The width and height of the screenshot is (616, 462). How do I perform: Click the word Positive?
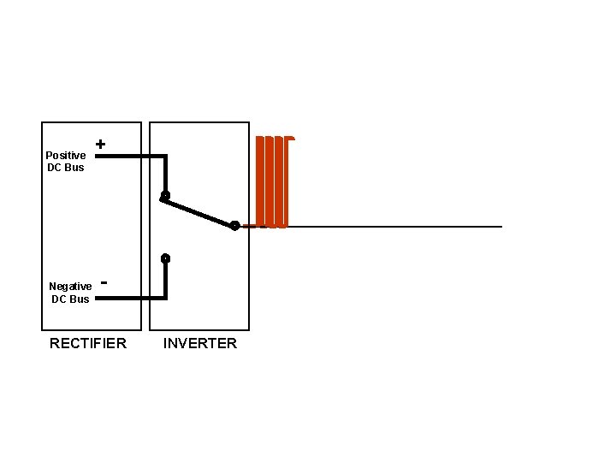pyautogui.click(x=66, y=155)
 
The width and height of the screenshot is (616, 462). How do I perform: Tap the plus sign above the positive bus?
pyautogui.click(x=101, y=145)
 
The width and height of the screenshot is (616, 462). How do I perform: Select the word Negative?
pyautogui.click(x=70, y=287)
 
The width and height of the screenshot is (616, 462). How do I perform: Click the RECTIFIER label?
pyautogui.click(x=88, y=344)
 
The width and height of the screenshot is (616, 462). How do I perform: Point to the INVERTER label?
pyautogui.click(x=200, y=344)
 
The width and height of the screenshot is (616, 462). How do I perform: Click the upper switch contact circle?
pyautogui.click(x=165, y=196)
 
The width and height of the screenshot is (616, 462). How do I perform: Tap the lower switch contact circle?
pyautogui.click(x=165, y=258)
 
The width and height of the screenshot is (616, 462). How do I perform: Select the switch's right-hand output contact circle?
pyautogui.click(x=234, y=226)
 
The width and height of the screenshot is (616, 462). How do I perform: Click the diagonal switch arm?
pyautogui.click(x=199, y=211)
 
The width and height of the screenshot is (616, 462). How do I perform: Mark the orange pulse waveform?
pyautogui.click(x=274, y=181)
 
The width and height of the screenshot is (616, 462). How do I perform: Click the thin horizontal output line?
pyautogui.click(x=394, y=227)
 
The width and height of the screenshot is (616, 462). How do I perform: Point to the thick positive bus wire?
pyautogui.click(x=128, y=157)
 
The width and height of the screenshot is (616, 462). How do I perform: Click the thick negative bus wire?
pyautogui.click(x=128, y=298)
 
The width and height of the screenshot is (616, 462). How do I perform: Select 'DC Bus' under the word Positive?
pyautogui.click(x=66, y=168)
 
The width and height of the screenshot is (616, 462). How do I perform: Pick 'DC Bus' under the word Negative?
pyautogui.click(x=70, y=299)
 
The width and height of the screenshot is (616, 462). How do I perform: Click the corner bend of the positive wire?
pyautogui.click(x=165, y=157)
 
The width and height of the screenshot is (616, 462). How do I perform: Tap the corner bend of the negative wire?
pyautogui.click(x=165, y=298)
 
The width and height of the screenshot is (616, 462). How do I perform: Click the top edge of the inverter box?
pyautogui.click(x=199, y=122)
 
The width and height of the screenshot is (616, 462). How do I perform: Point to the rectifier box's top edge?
pyautogui.click(x=92, y=122)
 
